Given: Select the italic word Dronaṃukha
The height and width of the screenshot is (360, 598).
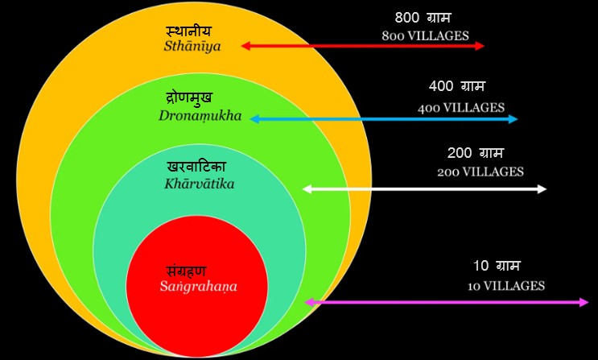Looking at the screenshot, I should coord(200,116).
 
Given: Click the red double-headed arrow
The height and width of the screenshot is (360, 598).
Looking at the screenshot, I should coord(362,46).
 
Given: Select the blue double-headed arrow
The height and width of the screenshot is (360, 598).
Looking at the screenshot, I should coord(384,119).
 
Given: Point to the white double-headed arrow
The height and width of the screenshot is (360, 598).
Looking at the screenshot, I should coord(424,189).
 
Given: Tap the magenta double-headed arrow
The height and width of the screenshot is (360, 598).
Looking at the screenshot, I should coord(447,302).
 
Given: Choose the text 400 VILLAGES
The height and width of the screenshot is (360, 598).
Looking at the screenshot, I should coord(461,107).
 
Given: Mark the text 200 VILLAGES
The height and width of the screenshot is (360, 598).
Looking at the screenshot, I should coord(480,172).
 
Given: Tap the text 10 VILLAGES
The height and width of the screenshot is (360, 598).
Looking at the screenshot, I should coord(506,286).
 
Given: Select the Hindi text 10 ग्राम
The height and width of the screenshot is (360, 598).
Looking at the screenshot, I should coord(497,265).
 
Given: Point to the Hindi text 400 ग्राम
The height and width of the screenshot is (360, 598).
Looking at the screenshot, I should coord(457,86).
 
